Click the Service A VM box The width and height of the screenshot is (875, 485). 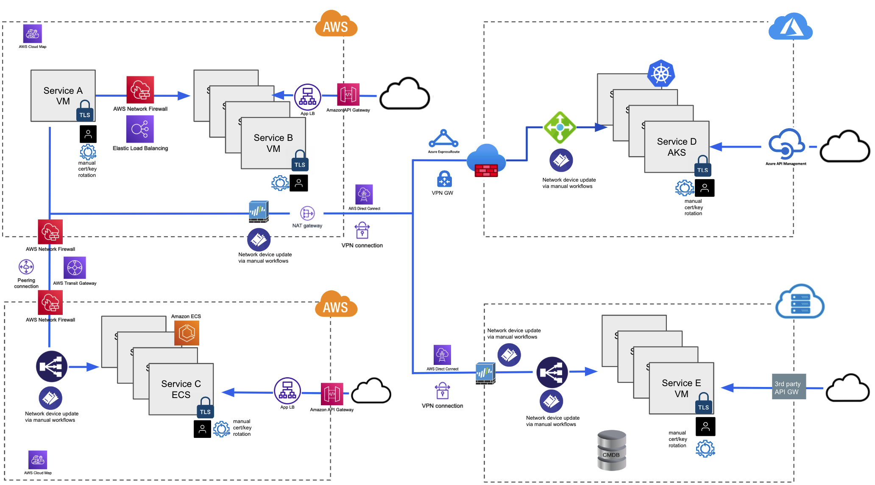click(x=63, y=95)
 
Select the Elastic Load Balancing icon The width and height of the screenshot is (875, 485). click(x=140, y=129)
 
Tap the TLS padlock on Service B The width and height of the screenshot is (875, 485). click(x=300, y=160)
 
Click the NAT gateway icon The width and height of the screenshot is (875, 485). click(x=307, y=213)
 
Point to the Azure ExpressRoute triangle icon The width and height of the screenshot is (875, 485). click(x=443, y=138)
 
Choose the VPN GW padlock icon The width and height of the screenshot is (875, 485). click(x=444, y=179)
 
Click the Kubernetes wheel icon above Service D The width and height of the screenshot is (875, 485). click(x=661, y=74)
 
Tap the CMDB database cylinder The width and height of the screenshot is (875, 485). click(x=611, y=451)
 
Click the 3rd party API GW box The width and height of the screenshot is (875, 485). click(x=789, y=387)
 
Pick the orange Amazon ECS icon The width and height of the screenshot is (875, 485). click(x=187, y=333)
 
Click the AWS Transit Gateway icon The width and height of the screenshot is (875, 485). click(x=75, y=268)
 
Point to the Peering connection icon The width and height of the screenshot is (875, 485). click(x=26, y=267)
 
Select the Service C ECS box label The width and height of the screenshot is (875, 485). click(x=181, y=389)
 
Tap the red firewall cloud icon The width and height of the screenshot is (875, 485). click(x=486, y=161)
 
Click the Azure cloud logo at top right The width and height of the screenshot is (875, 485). click(x=790, y=27)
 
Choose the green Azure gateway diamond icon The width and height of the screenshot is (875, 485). click(x=560, y=127)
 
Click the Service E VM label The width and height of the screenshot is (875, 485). click(x=681, y=388)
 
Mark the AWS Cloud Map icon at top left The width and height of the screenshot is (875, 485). click(x=33, y=34)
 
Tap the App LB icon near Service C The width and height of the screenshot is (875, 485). click(x=287, y=390)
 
